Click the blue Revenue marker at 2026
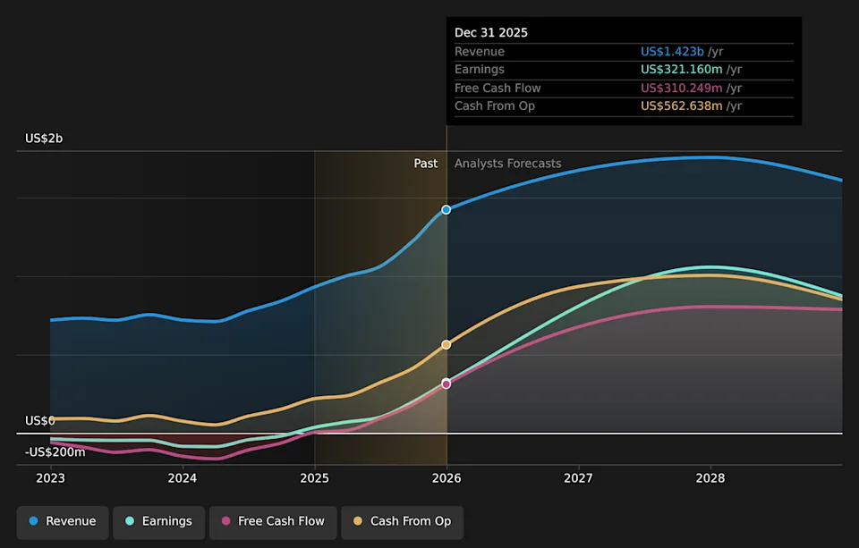447,210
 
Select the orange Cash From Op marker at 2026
447,345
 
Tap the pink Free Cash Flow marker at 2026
447,384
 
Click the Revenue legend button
63,522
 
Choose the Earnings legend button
159,522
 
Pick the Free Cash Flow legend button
273,522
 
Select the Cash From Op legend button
403,522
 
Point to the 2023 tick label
50,478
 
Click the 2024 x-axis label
183,478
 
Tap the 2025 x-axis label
314,478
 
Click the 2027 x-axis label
579,478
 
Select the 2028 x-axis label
710,478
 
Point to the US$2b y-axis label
44,139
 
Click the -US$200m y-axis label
55,452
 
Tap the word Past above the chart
426,164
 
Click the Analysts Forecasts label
508,164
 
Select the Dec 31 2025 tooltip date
491,33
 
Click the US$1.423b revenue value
672,52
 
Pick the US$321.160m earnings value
682,70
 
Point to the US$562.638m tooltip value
682,106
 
